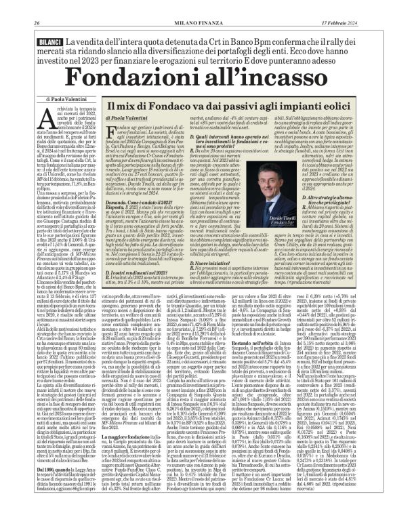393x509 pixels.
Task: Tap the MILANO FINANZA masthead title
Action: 196,7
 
